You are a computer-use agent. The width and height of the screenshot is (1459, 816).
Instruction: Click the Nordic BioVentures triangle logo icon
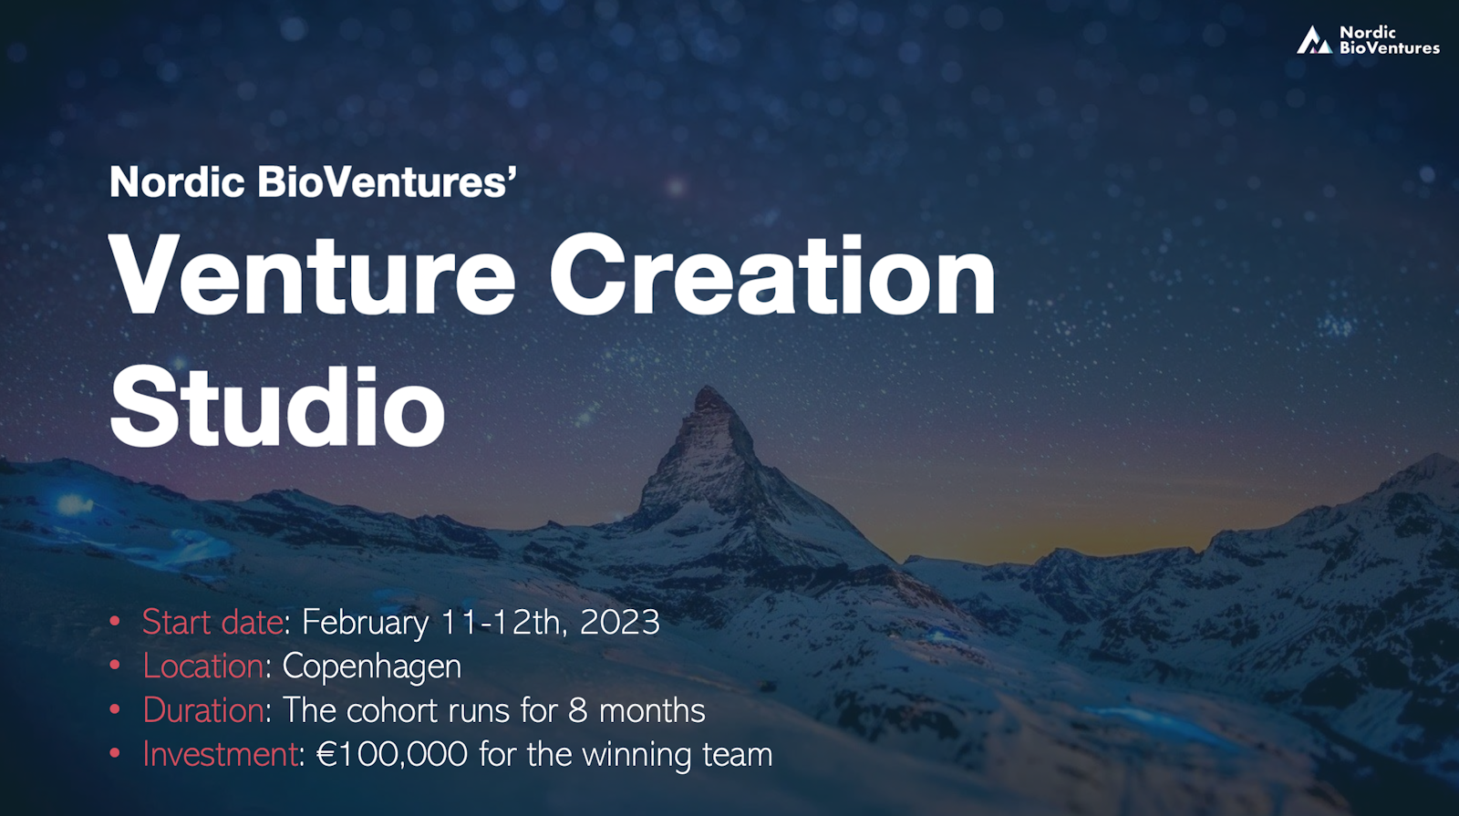[1314, 41]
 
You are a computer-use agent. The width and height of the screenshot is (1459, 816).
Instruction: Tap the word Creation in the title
[771, 276]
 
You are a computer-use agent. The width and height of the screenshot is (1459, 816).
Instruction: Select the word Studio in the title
[277, 408]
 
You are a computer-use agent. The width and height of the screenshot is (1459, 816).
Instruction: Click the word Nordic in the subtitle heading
[177, 182]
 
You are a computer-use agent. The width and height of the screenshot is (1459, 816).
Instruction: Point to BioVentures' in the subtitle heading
[387, 182]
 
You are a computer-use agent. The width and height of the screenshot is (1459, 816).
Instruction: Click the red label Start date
[212, 623]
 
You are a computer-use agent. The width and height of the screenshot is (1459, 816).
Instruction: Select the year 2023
[619, 623]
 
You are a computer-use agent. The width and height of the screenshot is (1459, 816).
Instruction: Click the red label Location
[202, 666]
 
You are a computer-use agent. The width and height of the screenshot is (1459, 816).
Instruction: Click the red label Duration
[202, 710]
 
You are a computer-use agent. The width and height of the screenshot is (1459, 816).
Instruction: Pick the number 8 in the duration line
[577, 711]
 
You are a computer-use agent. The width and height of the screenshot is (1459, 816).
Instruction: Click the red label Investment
[220, 754]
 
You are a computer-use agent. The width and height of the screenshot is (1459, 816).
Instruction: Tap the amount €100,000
[391, 755]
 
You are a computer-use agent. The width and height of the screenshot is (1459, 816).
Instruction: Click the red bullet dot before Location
[115, 666]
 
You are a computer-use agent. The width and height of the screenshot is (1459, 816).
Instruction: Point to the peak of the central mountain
[708, 391]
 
